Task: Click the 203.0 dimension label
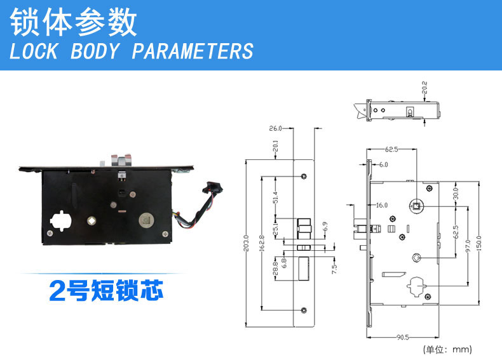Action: tap(246, 244)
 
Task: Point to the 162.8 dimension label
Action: tap(262, 244)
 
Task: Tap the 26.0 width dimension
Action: tap(275, 128)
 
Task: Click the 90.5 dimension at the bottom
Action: tap(402, 337)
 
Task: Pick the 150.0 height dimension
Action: tap(478, 244)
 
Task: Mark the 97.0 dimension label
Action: tap(468, 246)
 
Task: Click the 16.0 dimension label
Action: tap(382, 205)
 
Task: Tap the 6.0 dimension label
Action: tap(384, 164)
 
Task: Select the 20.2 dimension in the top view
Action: tap(424, 88)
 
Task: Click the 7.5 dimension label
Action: tap(334, 269)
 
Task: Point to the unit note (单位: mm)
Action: tap(447, 349)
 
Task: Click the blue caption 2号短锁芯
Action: tap(106, 290)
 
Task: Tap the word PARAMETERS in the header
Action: tap(193, 51)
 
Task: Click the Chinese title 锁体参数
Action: tap(73, 22)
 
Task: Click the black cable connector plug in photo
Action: tap(214, 187)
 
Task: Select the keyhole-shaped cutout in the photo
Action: tap(60, 221)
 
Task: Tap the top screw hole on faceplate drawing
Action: tap(304, 176)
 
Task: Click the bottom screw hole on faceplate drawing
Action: tap(304, 310)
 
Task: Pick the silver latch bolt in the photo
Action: tap(121, 159)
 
